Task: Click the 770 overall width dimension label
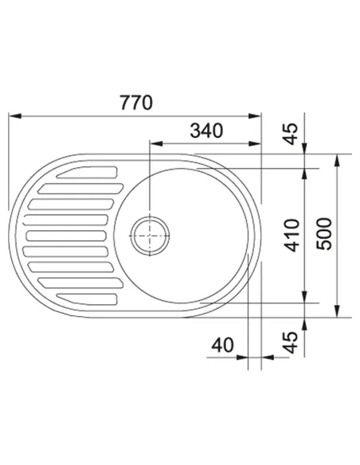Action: (136, 103)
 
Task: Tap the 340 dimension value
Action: (206, 131)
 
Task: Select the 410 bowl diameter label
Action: (292, 236)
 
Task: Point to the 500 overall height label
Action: (324, 234)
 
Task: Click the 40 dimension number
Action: (222, 346)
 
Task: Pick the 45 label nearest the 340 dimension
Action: (291, 134)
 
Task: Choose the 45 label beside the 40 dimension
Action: (291, 342)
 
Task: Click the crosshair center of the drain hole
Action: (150, 236)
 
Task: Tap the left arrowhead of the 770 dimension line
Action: (15, 115)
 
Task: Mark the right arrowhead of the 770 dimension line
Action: (255, 115)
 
